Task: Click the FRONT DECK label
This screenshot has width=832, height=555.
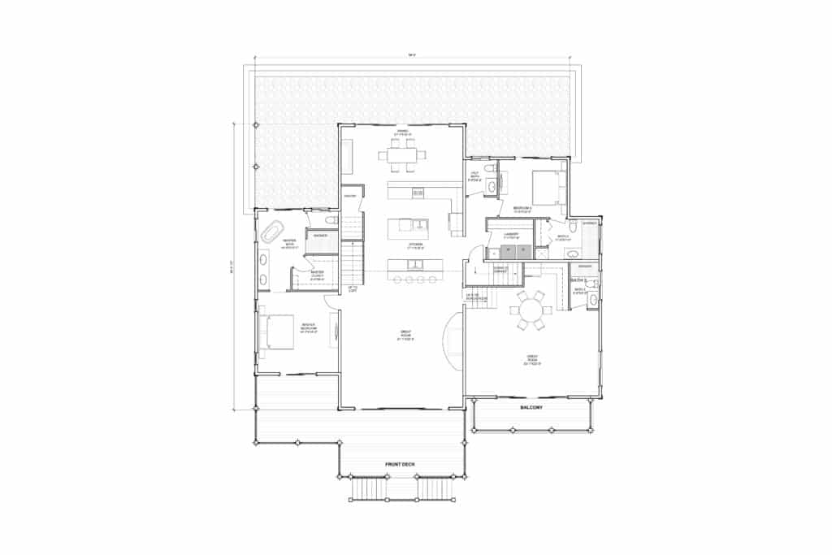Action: [x=400, y=464]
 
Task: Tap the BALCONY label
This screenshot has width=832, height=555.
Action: [x=531, y=406]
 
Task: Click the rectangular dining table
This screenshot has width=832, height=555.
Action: [x=402, y=154]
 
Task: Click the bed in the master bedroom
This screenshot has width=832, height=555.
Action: [x=274, y=332]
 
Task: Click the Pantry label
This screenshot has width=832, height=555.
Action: [x=351, y=197]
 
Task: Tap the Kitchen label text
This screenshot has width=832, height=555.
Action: [x=415, y=244]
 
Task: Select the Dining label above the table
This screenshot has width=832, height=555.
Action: [x=401, y=131]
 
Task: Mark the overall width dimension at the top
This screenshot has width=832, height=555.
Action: [x=413, y=55]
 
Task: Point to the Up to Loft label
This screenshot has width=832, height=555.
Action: [x=353, y=289]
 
